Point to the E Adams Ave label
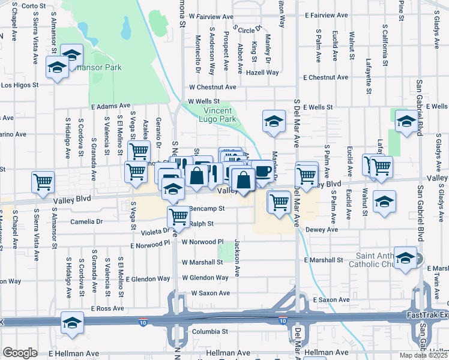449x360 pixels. pos(110,106)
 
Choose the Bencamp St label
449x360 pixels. pos(206,209)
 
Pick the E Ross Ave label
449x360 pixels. pos(108,308)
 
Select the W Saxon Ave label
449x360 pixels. pos(210,293)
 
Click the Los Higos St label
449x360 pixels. pos(19,85)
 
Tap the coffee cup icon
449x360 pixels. pos(262,170)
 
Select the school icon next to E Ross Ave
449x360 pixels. pos(72,322)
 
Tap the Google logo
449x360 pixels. pos(20,353)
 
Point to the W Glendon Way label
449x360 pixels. pos(205,278)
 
